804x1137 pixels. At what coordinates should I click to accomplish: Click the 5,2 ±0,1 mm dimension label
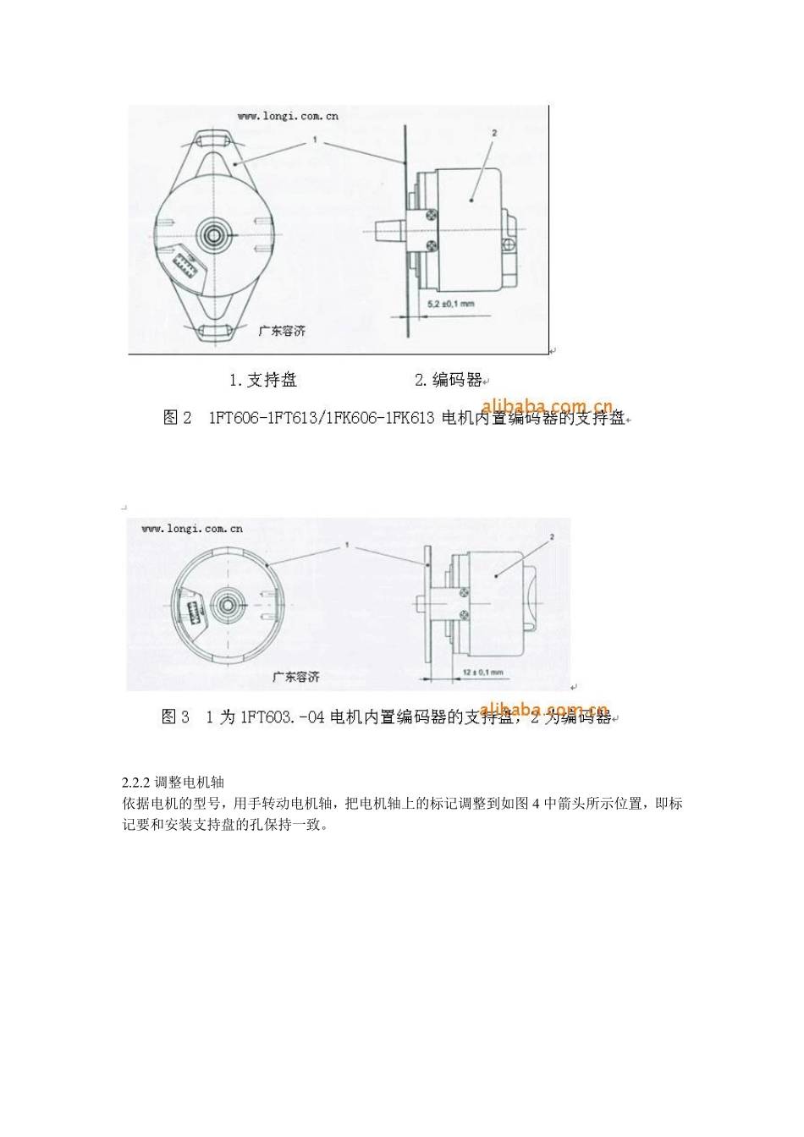[450, 303]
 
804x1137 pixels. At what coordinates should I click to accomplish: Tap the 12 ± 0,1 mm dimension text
[482, 672]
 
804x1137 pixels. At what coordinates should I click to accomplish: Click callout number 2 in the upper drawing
[494, 133]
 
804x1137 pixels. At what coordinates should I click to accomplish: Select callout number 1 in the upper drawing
[315, 140]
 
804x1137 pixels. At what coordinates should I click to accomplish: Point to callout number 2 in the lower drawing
[551, 537]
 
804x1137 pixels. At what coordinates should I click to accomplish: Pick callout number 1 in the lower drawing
[347, 546]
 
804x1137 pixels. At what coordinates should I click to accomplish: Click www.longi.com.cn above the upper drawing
[287, 116]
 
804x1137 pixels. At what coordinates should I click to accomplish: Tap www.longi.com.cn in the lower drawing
[192, 529]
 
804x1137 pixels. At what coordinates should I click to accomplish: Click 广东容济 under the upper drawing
[282, 331]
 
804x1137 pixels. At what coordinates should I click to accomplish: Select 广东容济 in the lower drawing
[295, 677]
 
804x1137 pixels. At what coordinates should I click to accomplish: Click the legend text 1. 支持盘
[263, 380]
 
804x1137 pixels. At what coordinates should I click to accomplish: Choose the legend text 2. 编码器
[448, 380]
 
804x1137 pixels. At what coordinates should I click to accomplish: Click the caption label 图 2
[177, 418]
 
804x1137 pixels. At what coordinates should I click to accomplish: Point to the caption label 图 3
[175, 717]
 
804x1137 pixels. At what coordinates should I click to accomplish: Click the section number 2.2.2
[136, 783]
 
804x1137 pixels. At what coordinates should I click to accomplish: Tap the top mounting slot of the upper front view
[209, 138]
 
